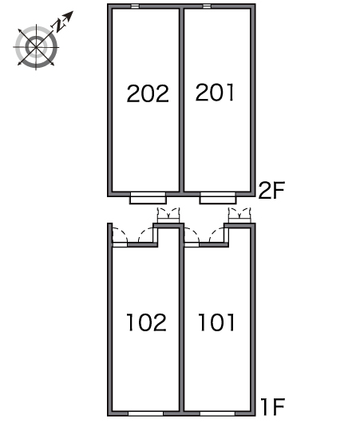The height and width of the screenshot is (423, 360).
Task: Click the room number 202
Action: (148, 93)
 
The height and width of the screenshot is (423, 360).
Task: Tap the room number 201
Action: (215, 93)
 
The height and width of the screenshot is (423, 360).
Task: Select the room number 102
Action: (146, 322)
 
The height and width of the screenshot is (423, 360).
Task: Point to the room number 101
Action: (216, 322)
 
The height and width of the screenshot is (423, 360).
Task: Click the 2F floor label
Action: (271, 191)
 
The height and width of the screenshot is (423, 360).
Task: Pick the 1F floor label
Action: (272, 406)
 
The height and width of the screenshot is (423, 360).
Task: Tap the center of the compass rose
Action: (36, 47)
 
